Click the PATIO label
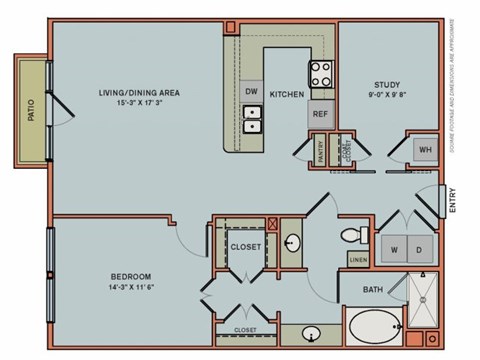click(30, 108)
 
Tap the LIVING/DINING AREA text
click(139, 93)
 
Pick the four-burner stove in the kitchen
click(321, 75)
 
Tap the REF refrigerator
click(320, 113)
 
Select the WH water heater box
click(424, 150)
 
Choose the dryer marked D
click(421, 249)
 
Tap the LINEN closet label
click(358, 261)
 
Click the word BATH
click(374, 291)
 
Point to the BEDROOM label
click(131, 276)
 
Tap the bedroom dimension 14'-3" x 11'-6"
click(131, 287)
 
